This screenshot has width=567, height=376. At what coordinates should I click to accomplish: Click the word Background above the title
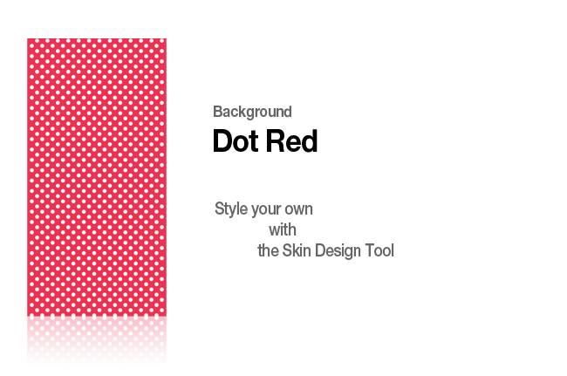tap(252, 112)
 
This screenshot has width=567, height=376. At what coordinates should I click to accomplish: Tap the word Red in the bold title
tap(291, 141)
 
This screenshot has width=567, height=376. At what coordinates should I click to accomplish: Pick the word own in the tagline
tap(298, 210)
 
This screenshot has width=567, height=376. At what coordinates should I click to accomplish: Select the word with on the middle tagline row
tap(283, 230)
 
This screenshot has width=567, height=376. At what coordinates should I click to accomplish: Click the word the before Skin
tap(268, 250)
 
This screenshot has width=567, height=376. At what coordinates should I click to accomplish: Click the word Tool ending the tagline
tap(379, 250)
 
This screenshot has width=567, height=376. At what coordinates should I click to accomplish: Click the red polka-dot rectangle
tap(97, 177)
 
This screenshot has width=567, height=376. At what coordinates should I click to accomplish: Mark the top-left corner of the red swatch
tap(27, 38)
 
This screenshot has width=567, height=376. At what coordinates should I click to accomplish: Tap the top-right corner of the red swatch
tap(167, 38)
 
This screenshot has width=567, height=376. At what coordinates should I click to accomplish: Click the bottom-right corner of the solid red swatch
tap(167, 317)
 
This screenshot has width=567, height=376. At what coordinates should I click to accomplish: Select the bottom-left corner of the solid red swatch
tap(27, 317)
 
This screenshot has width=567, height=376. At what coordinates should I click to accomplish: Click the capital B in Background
tap(217, 112)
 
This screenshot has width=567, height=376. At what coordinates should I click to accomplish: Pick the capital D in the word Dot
tap(222, 141)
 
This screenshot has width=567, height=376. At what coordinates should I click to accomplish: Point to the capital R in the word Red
tap(275, 141)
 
